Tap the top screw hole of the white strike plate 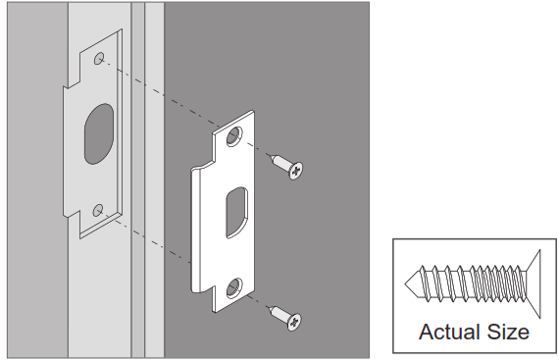tap(234, 138)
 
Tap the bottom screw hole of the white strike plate tap(233, 286)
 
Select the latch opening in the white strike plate tap(236, 209)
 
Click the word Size tap(507, 332)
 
